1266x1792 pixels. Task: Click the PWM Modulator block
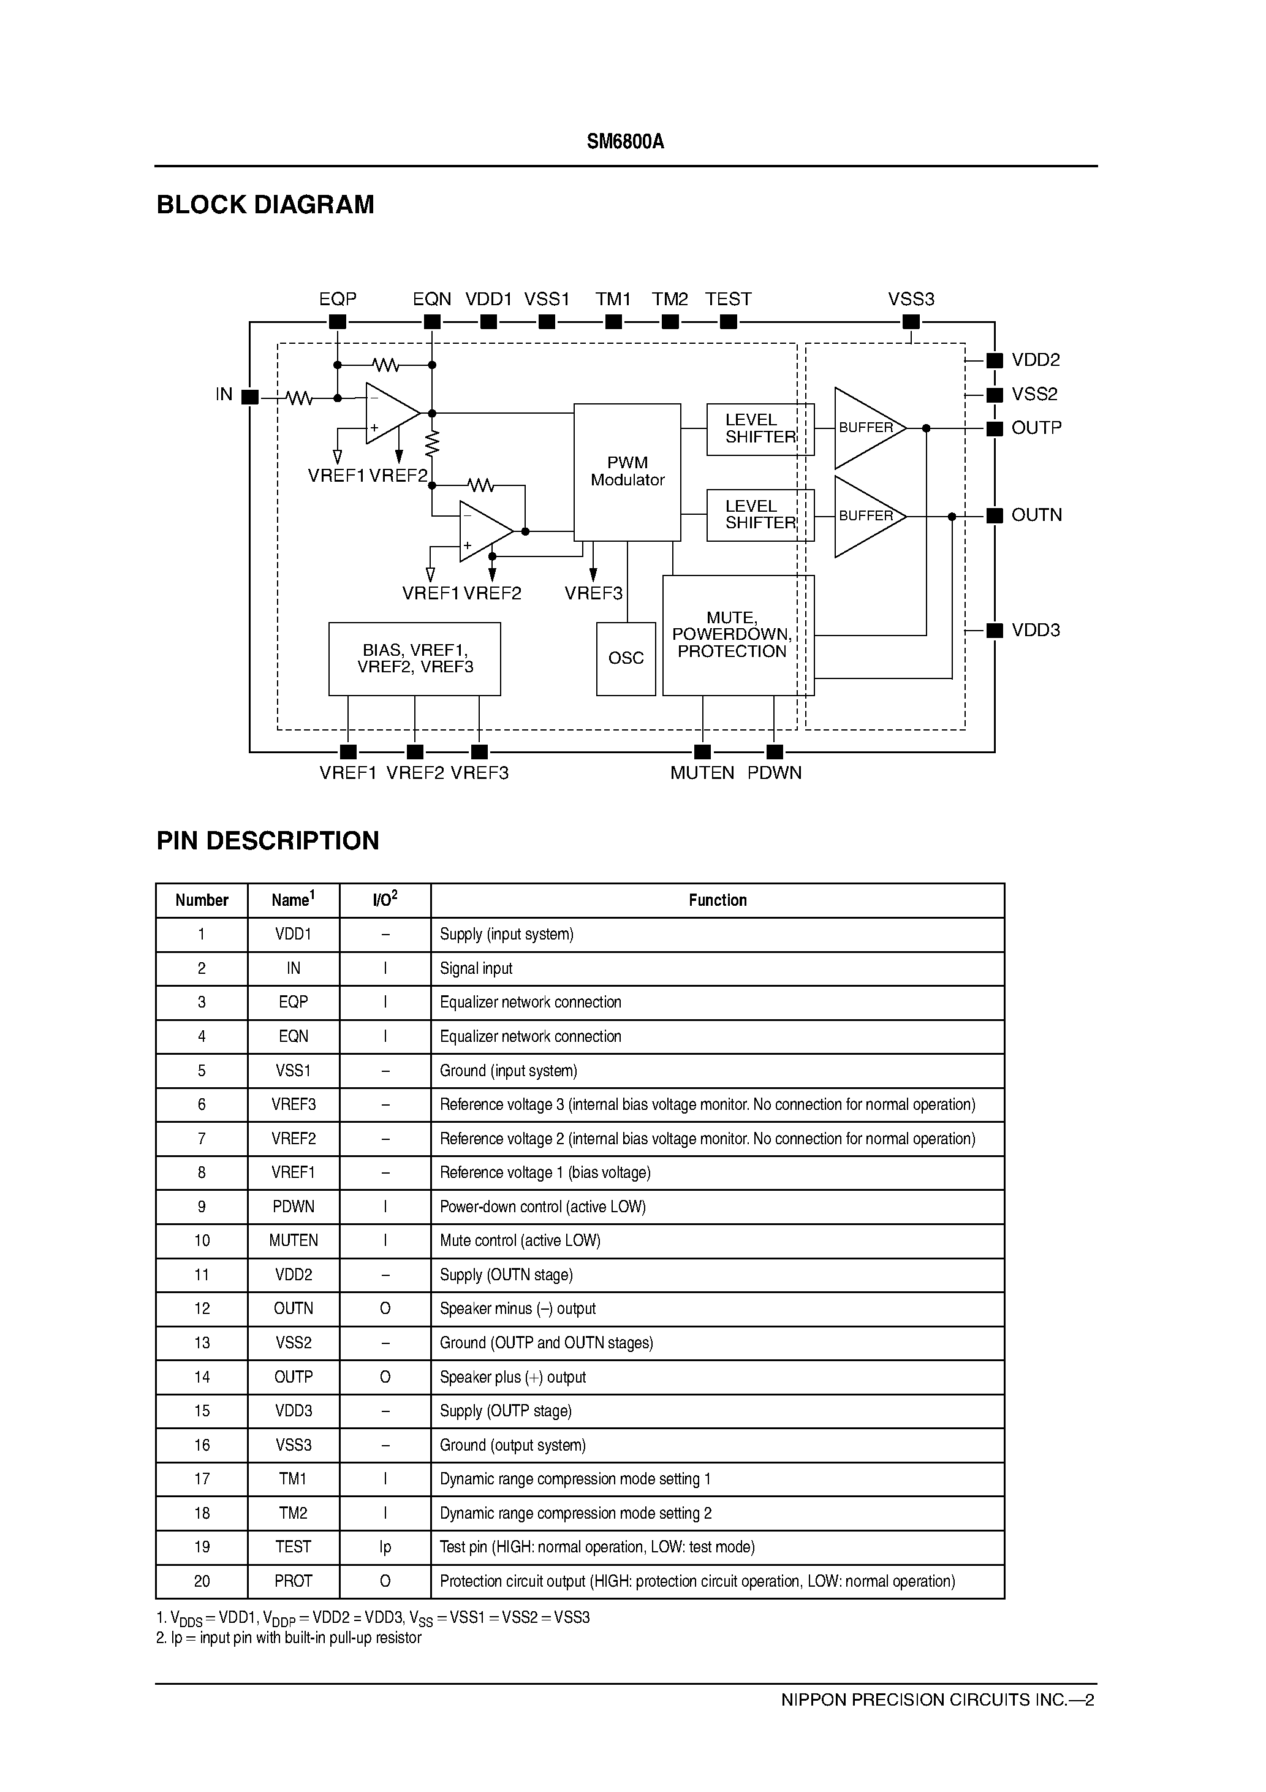pyautogui.click(x=627, y=471)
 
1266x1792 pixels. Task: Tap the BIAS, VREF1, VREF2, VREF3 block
pyautogui.click(x=414, y=659)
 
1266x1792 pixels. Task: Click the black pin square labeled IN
pyautogui.click(x=250, y=397)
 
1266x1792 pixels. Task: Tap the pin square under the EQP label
pyautogui.click(x=337, y=322)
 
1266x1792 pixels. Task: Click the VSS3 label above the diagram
pyautogui.click(x=911, y=299)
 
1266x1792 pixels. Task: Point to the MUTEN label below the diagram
pyautogui.click(x=702, y=773)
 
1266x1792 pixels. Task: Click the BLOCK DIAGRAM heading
pyautogui.click(x=265, y=205)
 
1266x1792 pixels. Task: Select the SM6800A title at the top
pyautogui.click(x=625, y=142)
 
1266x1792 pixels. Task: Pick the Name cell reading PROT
pyautogui.click(x=293, y=1581)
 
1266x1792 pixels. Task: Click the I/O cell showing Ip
pyautogui.click(x=385, y=1547)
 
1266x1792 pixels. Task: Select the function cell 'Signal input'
pyautogui.click(x=476, y=968)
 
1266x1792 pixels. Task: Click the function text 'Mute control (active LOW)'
pyautogui.click(x=520, y=1240)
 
